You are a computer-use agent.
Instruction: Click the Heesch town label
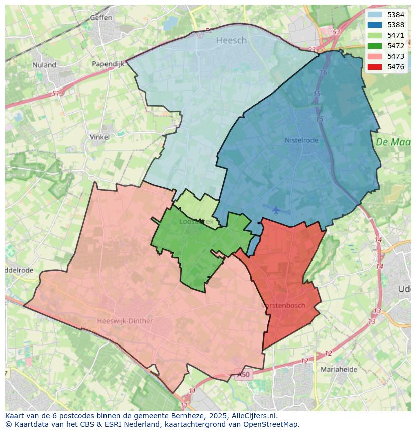point(231,40)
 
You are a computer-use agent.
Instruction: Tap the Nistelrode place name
point(301,140)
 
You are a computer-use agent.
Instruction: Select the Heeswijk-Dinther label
point(125,321)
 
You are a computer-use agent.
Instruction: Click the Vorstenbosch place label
point(283,305)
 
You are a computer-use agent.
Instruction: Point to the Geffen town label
point(101,17)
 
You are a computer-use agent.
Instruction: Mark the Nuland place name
point(44,65)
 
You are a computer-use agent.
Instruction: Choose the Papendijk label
point(108,64)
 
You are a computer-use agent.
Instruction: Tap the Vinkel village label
point(99,137)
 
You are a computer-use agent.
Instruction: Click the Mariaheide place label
point(339,369)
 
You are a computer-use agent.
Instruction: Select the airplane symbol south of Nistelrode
point(276,209)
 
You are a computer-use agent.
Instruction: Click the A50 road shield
point(244,375)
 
